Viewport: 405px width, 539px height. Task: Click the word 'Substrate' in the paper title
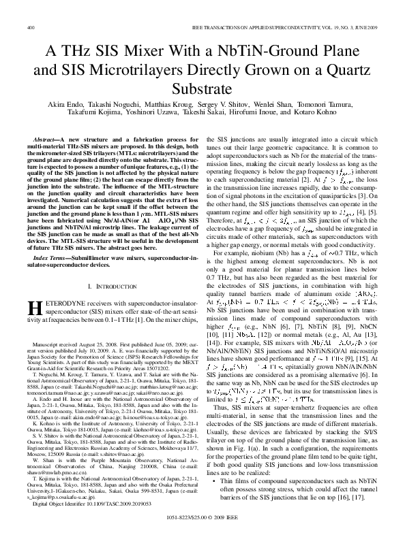(x=202, y=88)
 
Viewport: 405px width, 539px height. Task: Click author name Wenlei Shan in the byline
(x=271, y=106)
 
